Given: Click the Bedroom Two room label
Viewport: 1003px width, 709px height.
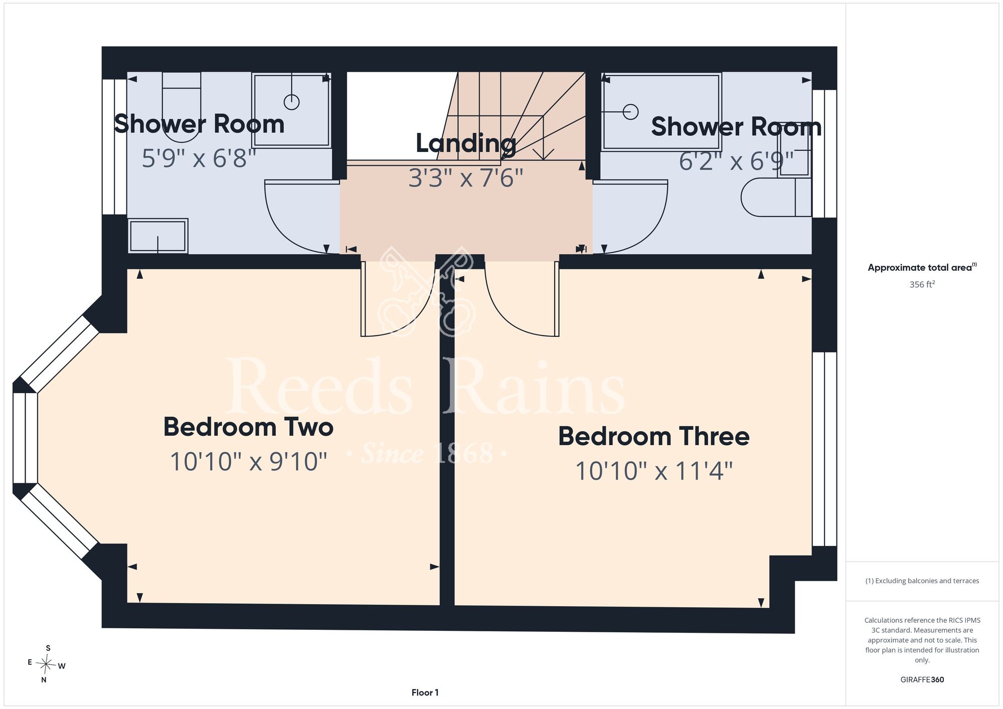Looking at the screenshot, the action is [x=248, y=427].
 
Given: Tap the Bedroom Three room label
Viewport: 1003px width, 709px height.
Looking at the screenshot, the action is [x=654, y=436].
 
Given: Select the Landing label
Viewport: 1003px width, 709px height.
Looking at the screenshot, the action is [x=466, y=143].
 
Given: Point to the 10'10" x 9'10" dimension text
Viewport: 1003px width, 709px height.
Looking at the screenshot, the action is [x=248, y=461].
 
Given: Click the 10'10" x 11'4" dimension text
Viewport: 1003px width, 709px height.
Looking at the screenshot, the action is [x=654, y=471].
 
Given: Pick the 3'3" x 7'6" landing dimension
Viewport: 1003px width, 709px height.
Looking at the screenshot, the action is [x=466, y=178].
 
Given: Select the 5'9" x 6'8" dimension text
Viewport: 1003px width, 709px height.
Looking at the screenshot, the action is [x=199, y=158].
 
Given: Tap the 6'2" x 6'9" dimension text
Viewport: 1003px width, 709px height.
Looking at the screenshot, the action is [x=736, y=161].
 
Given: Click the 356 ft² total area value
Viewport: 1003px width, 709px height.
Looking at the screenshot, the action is [x=922, y=284].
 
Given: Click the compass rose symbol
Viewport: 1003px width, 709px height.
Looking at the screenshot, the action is [x=46, y=665].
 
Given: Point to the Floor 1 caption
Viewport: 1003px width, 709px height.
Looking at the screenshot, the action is [x=425, y=692].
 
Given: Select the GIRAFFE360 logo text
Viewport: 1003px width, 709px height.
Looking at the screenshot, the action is [x=922, y=680].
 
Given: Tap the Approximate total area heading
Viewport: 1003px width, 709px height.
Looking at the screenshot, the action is [x=922, y=267].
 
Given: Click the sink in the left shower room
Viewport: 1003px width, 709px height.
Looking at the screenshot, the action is [x=158, y=236].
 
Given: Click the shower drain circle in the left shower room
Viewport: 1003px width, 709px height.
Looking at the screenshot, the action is [x=291, y=102].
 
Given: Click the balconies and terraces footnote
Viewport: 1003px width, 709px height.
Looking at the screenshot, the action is [x=922, y=581].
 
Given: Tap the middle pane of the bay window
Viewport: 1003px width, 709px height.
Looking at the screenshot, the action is [x=25, y=438].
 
